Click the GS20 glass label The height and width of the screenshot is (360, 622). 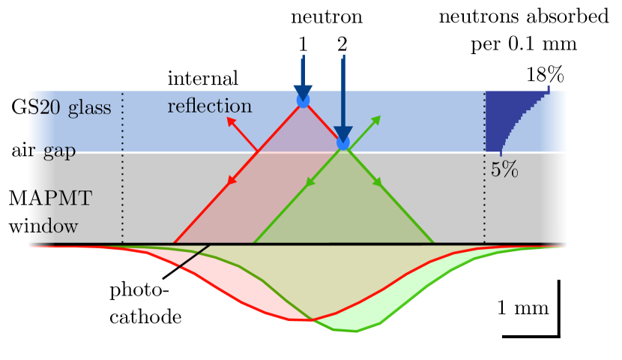click(x=61, y=108)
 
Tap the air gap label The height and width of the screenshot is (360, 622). click(x=43, y=151)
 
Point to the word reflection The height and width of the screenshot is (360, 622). click(x=209, y=106)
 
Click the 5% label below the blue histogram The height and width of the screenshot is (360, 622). click(x=504, y=170)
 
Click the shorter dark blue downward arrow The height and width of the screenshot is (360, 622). click(x=303, y=75)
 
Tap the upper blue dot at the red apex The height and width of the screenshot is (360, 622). click(x=303, y=100)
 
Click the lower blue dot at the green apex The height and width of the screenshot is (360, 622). click(x=343, y=142)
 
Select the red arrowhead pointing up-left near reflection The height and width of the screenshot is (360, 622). click(x=231, y=121)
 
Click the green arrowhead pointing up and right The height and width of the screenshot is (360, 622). click(x=376, y=120)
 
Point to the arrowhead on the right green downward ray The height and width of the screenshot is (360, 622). click(x=378, y=181)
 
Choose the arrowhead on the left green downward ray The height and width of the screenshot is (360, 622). click(x=307, y=182)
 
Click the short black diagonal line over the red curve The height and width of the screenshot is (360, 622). click(x=193, y=255)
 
